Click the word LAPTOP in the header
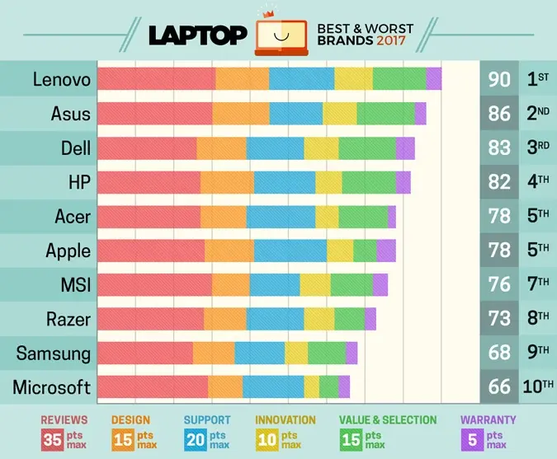[197, 35]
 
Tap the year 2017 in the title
[392, 41]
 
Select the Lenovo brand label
[62, 79]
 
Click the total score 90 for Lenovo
[499, 79]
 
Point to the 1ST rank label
[538, 79]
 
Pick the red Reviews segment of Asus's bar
[154, 113]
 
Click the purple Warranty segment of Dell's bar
[405, 148]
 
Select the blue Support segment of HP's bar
[285, 182]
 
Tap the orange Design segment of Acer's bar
[223, 217]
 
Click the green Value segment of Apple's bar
[365, 251]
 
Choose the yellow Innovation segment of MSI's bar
[314, 285]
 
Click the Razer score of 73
[499, 319]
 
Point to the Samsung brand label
[54, 354]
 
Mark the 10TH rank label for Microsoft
[538, 387]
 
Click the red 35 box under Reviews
[53, 439]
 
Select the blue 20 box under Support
[195, 439]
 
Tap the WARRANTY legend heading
[488, 419]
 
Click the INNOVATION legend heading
[286, 419]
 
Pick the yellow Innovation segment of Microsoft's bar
[311, 387]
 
